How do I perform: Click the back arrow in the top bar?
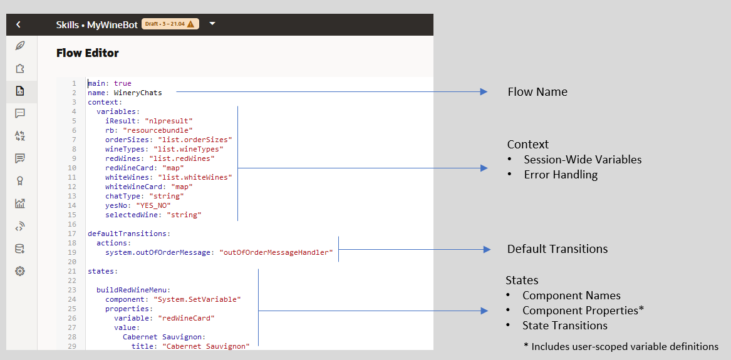pyautogui.click(x=18, y=24)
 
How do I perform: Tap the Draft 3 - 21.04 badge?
pyautogui.click(x=170, y=24)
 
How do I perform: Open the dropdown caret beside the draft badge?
pyautogui.click(x=212, y=24)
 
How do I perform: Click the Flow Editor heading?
pyautogui.click(x=88, y=53)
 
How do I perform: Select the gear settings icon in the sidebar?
pyautogui.click(x=20, y=271)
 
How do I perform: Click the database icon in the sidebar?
pyautogui.click(x=20, y=249)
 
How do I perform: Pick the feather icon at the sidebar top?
pyautogui.click(x=20, y=46)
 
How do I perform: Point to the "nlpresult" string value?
pyautogui.click(x=168, y=121)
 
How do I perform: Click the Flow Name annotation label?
pyautogui.click(x=537, y=92)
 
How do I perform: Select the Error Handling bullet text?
pyautogui.click(x=561, y=175)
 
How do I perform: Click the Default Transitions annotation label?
pyautogui.click(x=557, y=249)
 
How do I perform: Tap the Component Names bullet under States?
pyautogui.click(x=571, y=296)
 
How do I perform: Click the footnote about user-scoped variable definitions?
pyautogui.click(x=621, y=347)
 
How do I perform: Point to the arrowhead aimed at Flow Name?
pyautogui.click(x=484, y=92)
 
